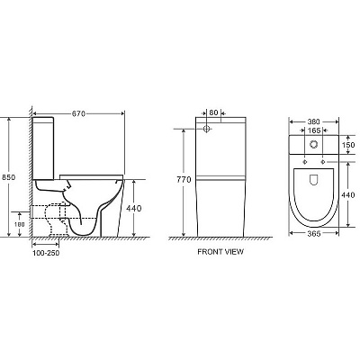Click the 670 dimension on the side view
pos(78,113)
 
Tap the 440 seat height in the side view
pos(133,208)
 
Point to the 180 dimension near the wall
pos(20,224)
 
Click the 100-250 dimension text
pos(46,253)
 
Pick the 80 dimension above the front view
pos(213,112)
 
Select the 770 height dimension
pos(184,180)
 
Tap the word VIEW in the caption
pos(234,252)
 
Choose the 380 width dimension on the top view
pos(313,121)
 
